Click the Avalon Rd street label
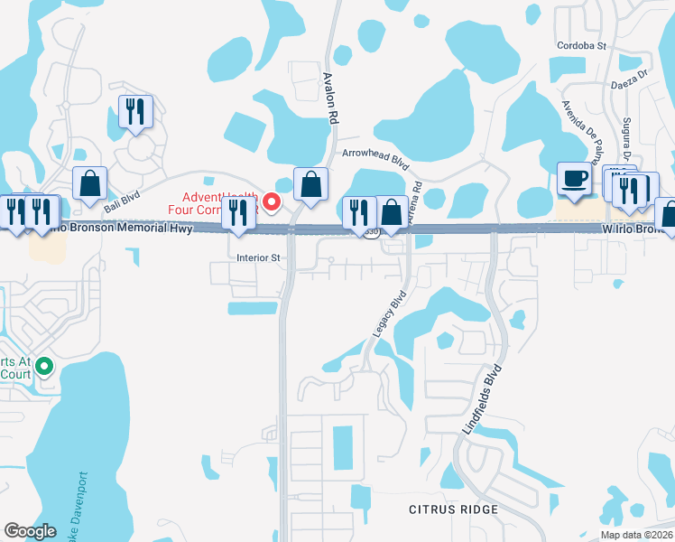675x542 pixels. (331, 98)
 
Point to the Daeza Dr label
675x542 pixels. (631, 82)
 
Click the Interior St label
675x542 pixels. (259, 257)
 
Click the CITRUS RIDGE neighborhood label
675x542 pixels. (452, 510)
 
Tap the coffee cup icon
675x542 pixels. (573, 178)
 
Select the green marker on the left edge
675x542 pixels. (45, 367)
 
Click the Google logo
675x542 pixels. (30, 531)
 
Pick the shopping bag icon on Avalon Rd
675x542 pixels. (310, 185)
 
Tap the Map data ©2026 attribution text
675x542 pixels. (635, 535)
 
